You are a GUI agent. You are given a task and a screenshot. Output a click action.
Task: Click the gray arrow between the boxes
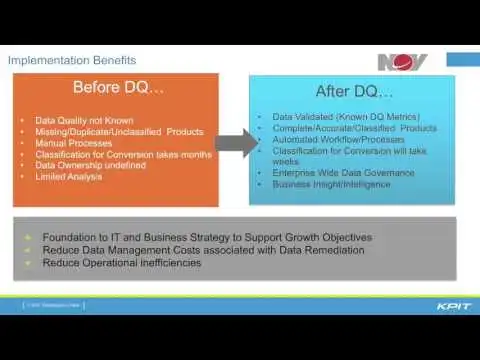[x=234, y=142]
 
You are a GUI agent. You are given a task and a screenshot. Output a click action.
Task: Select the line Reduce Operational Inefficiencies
[x=121, y=263]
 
